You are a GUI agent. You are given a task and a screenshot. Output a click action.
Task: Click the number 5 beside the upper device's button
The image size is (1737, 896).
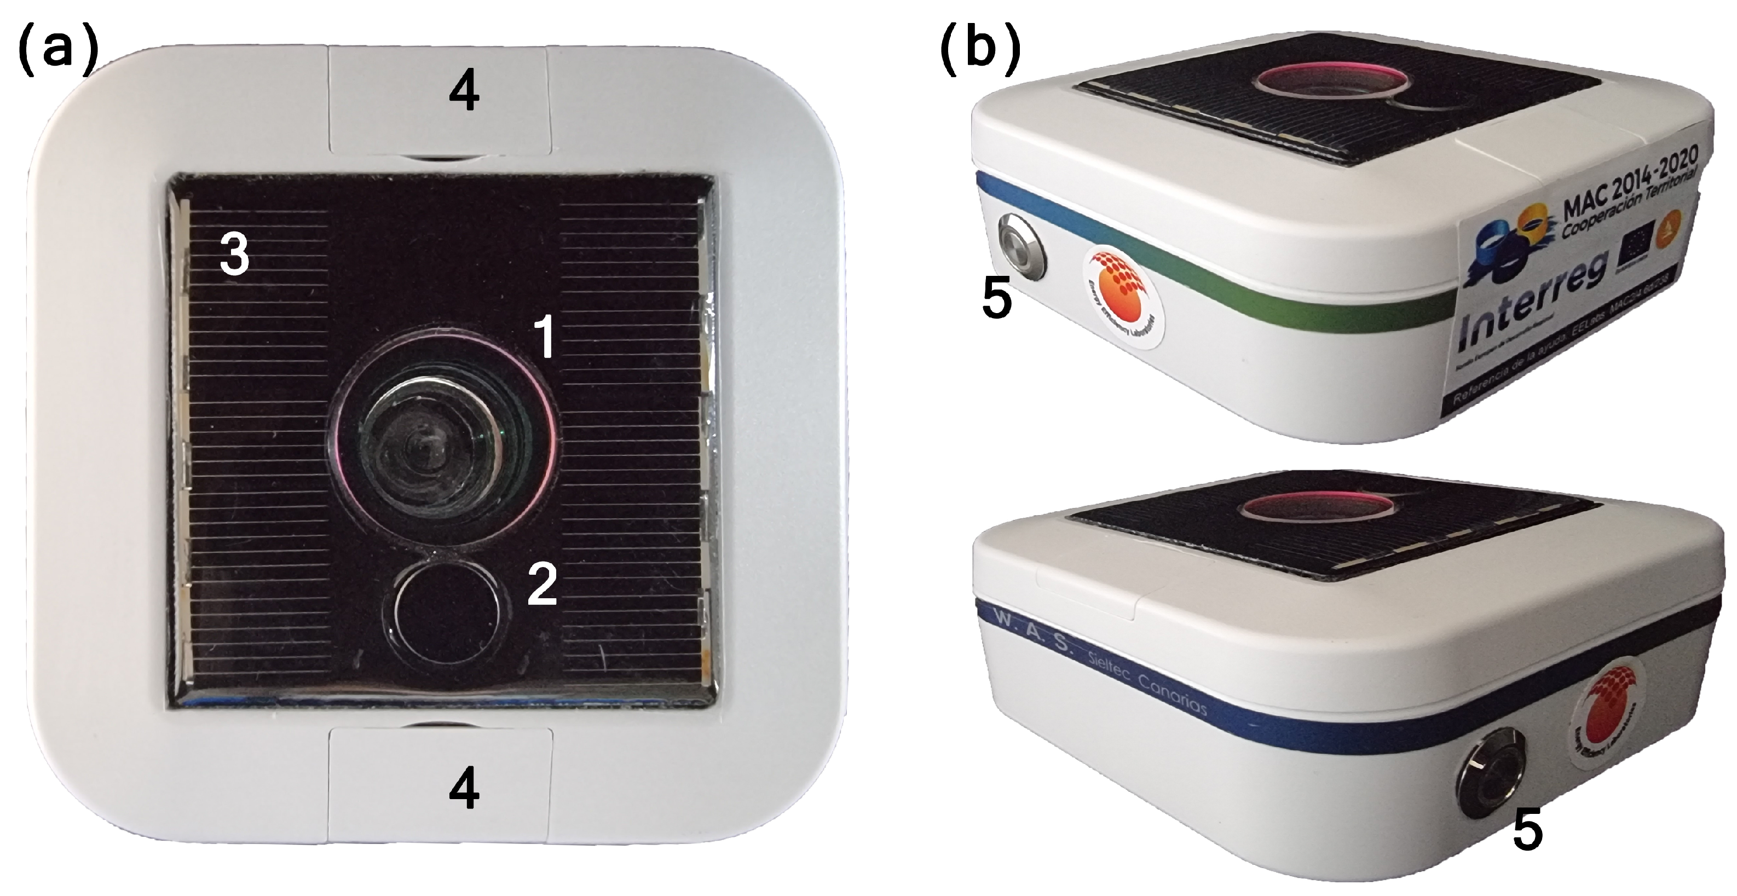pyautogui.click(x=997, y=299)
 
